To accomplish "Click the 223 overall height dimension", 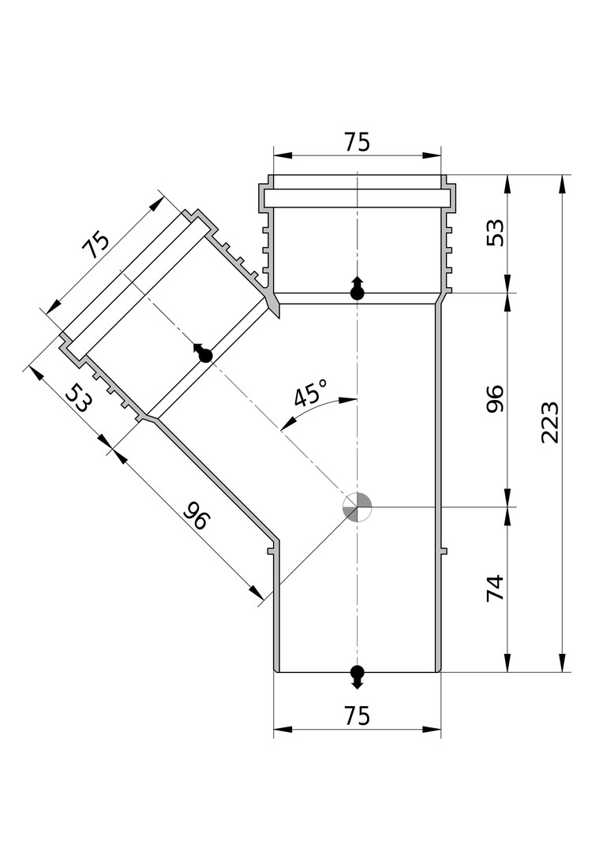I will point(550,423).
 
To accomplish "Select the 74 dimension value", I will point(495,589).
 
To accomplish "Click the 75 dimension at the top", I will point(357,142).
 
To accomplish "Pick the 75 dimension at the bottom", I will point(357,716).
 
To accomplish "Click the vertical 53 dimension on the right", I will point(495,233).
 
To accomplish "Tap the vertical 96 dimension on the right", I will point(495,399).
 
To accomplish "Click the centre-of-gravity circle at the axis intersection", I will point(357,506).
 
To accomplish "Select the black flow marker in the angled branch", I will point(204,354).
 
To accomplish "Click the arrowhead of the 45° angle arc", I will point(347,400).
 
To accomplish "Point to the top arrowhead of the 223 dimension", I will point(562,183).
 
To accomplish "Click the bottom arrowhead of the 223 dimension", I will point(562,663).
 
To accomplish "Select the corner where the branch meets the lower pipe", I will point(276,543).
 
